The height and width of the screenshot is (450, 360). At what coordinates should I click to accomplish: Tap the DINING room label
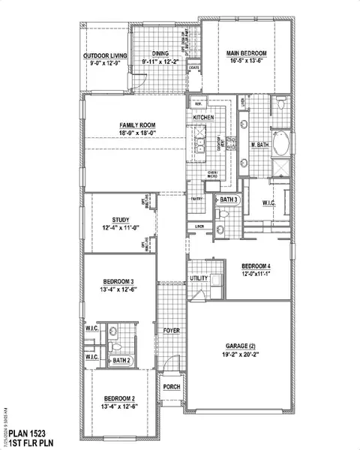(x=160, y=54)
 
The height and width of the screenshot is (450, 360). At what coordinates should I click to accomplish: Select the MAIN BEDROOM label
(x=247, y=52)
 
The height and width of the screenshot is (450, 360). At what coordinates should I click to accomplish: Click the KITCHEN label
(x=205, y=118)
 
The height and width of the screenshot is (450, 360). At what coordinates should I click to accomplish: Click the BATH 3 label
(x=229, y=199)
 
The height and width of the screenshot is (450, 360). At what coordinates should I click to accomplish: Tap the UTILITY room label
(x=199, y=278)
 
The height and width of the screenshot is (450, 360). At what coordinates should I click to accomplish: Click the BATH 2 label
(x=122, y=361)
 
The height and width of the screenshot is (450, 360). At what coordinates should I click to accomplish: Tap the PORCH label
(x=172, y=387)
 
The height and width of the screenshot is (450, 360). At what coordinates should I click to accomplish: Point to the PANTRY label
(x=196, y=199)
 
